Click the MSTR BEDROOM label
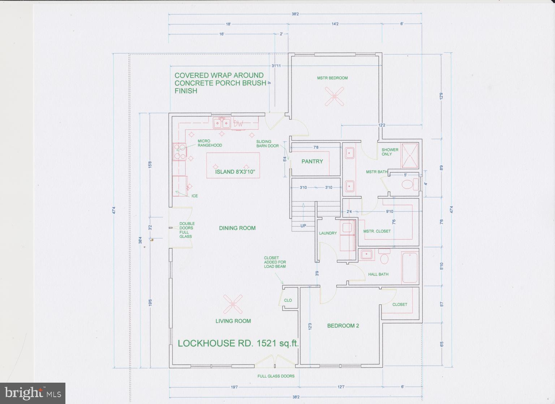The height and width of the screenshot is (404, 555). pos(332,78)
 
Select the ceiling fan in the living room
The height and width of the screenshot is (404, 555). pos(233,304)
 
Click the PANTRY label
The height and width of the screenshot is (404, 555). pos(312,161)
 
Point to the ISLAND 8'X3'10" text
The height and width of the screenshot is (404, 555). pos(237,172)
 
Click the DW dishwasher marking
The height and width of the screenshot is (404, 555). pos(238,124)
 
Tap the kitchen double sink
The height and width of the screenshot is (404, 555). pos(222,123)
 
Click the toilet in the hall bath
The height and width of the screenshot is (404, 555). pos(384,258)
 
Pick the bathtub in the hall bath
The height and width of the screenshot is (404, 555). pos(410,268)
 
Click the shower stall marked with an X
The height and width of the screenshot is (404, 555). pos(409,156)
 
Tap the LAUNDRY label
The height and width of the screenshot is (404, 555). pos(328,233)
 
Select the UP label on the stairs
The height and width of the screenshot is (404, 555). pos(303,226)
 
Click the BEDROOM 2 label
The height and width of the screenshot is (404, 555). pos(343,326)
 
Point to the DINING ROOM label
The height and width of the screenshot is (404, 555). pos(237,228)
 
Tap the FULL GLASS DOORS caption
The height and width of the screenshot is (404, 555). pos(276,376)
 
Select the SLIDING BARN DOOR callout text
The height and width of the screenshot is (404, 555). pos(267,144)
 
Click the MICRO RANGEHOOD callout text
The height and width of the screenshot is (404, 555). pos(210,143)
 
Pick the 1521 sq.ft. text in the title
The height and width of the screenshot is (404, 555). pos(277,343)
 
